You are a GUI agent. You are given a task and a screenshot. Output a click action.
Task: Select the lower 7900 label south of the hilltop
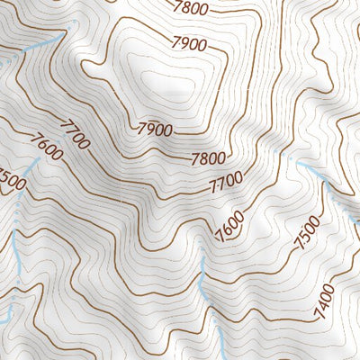(x=156, y=129)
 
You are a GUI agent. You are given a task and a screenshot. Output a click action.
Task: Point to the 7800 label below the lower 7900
(x=208, y=159)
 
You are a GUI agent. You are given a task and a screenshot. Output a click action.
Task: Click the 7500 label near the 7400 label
(x=307, y=236)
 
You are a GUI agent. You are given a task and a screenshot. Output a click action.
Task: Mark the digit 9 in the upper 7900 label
(x=182, y=42)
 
